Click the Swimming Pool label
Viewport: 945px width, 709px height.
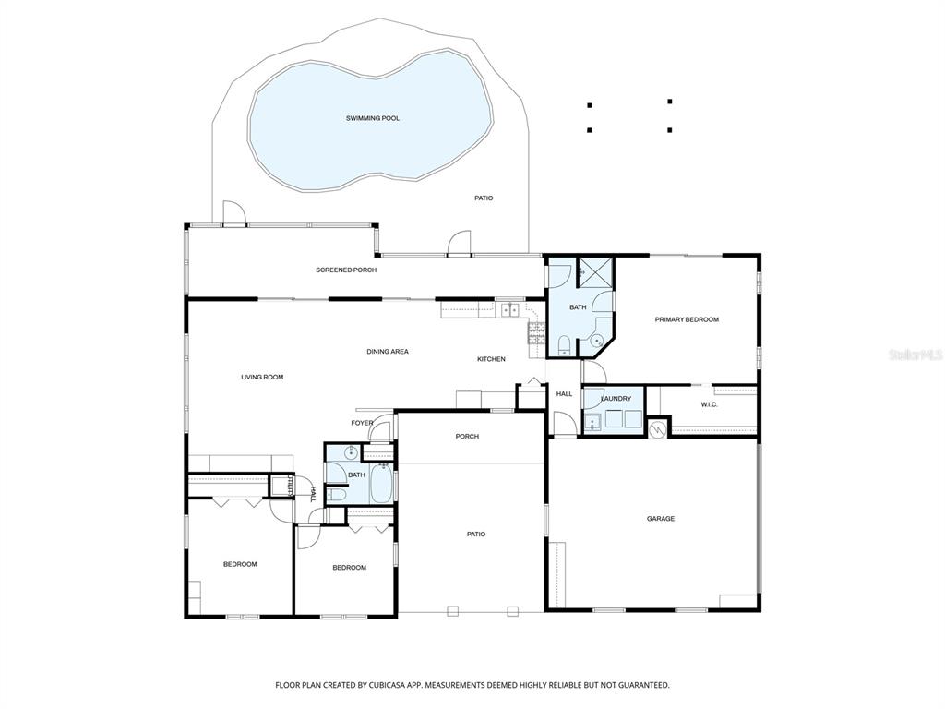click(373, 118)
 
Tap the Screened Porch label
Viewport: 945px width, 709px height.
click(346, 270)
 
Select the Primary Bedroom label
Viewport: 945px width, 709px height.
click(687, 319)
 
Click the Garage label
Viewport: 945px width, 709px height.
click(661, 519)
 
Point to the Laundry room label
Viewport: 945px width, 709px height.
click(616, 399)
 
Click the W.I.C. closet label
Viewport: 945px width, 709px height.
click(710, 404)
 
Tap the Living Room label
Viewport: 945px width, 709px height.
click(262, 377)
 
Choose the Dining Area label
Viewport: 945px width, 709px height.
click(388, 352)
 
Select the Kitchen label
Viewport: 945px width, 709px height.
click(491, 359)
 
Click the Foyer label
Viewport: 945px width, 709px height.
click(362, 423)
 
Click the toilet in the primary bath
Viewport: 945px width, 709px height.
click(565, 345)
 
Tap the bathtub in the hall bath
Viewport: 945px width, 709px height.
click(381, 483)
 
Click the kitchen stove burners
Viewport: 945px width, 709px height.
click(536, 333)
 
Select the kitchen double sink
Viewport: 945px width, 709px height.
click(510, 310)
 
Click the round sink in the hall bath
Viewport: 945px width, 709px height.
click(350, 452)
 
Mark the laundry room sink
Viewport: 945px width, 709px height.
click(593, 423)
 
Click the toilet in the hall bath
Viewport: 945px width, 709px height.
click(338, 496)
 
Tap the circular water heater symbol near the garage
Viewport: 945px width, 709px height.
click(657, 428)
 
